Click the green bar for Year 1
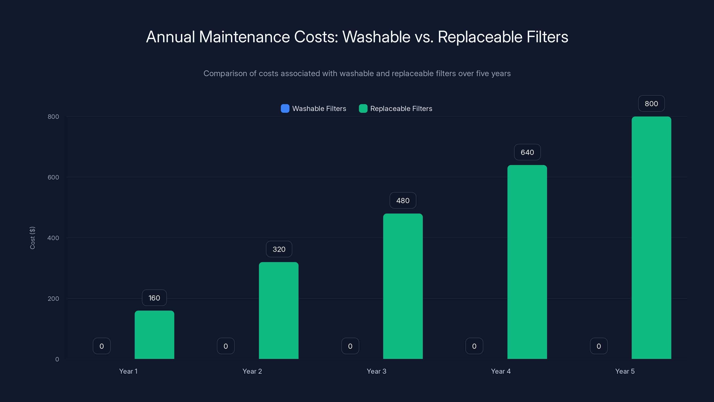[x=154, y=335]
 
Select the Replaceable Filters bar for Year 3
[x=403, y=286]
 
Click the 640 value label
[x=527, y=152]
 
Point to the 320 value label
[x=279, y=249]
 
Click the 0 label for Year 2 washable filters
[x=226, y=346]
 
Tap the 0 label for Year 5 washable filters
[x=599, y=346]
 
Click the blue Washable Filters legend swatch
[x=285, y=109]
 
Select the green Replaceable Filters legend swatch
[x=363, y=109]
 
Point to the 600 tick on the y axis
[x=53, y=177]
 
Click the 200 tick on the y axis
[x=53, y=299]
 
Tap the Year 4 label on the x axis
[x=500, y=371]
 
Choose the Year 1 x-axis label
[x=128, y=371]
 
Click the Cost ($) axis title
[x=32, y=238]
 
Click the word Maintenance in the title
[x=244, y=37]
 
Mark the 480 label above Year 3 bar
[x=403, y=201]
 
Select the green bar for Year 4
[x=527, y=262]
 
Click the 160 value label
[x=154, y=298]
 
